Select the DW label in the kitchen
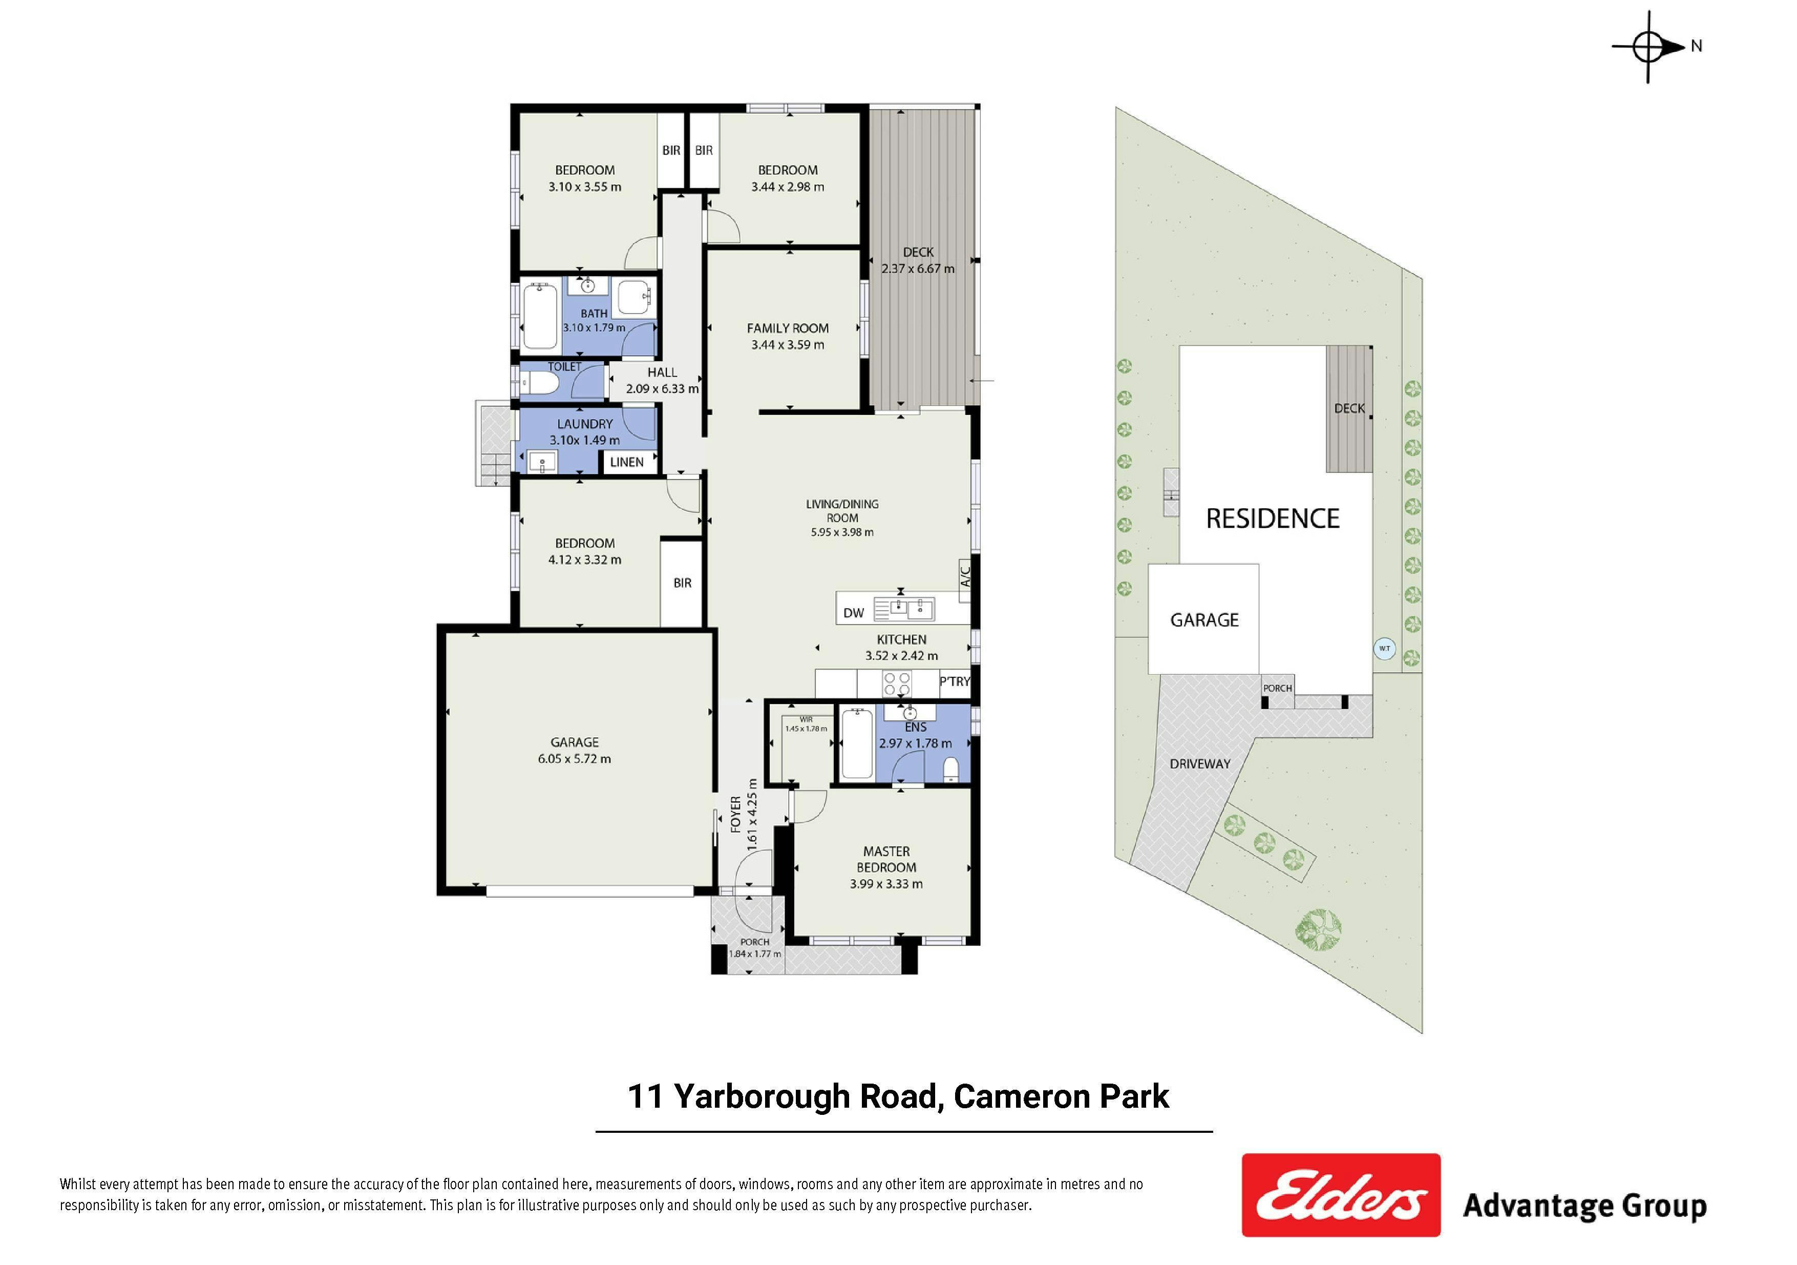[x=854, y=613]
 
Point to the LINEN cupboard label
[x=627, y=462]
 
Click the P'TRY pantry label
[x=955, y=681]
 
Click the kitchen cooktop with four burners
[x=897, y=684]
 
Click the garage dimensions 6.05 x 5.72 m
[x=575, y=758]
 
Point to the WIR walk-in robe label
[x=806, y=719]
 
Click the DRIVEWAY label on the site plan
[x=1200, y=764]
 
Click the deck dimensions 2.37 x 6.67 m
[x=918, y=268]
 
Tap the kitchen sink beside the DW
[x=904, y=608]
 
